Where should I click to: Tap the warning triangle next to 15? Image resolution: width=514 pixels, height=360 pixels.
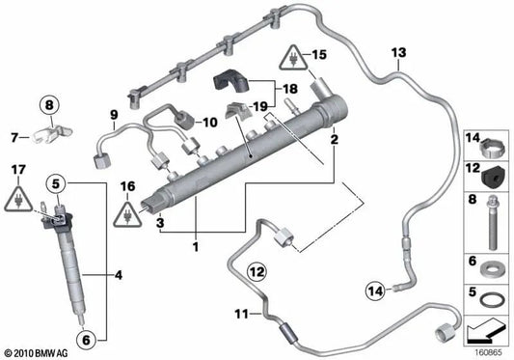(292, 60)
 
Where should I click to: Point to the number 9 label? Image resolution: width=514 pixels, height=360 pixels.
(113, 117)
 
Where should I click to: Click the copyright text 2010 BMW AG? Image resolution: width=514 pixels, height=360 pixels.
(37, 352)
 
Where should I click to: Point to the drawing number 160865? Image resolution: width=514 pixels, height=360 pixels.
(487, 352)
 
